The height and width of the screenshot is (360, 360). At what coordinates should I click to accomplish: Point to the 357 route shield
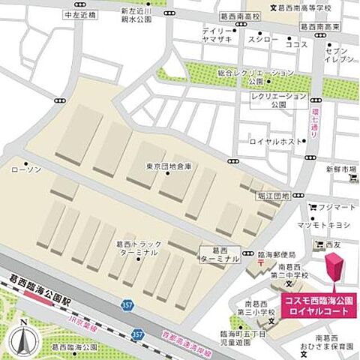pyautogui.click(x=127, y=305)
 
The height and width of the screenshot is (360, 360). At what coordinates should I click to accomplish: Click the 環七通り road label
pyautogui.click(x=315, y=120)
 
